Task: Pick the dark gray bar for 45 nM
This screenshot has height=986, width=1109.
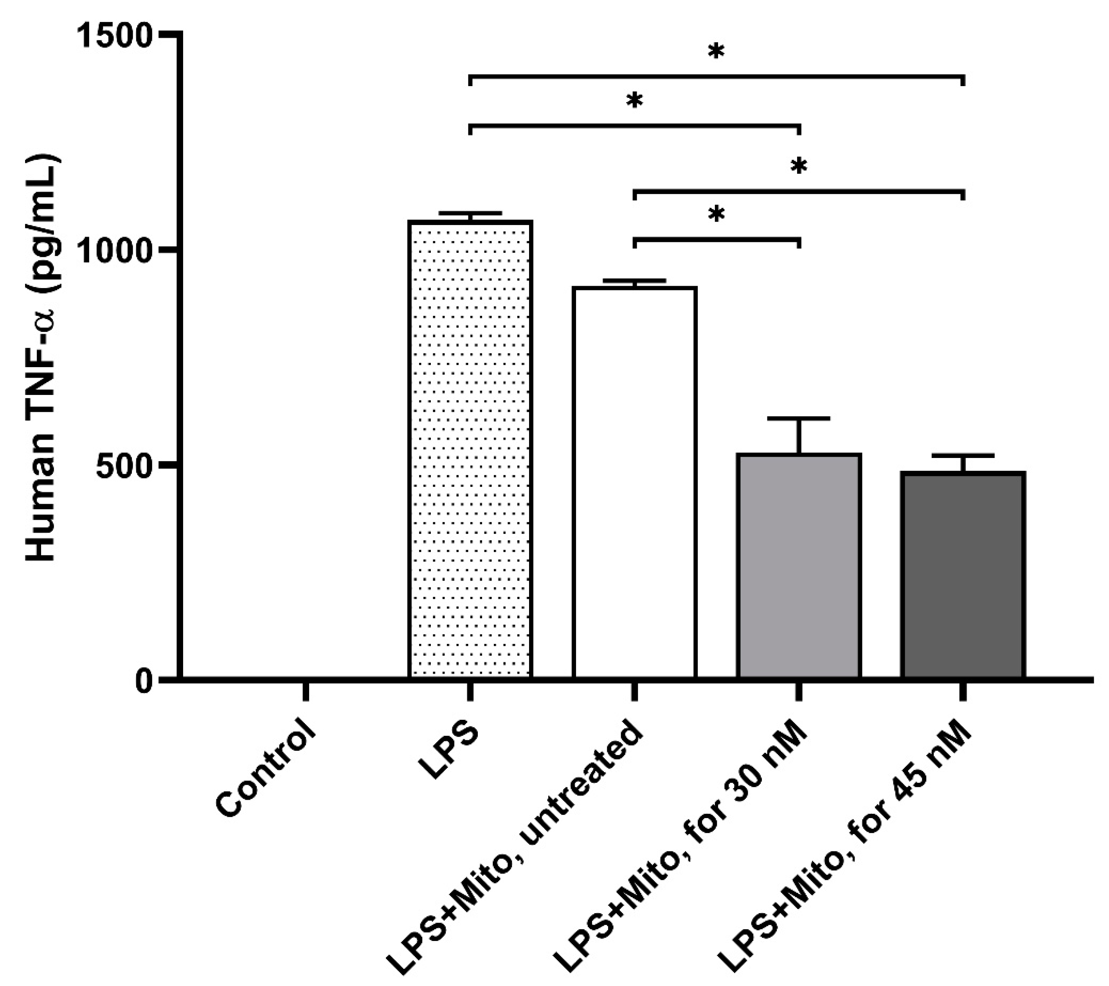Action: pos(963,575)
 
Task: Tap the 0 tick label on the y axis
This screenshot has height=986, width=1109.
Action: pos(144,680)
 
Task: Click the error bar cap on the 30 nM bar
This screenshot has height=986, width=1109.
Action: pos(799,418)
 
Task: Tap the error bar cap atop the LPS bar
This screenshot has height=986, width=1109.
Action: pos(470,213)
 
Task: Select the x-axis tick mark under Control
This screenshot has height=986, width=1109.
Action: pos(306,692)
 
